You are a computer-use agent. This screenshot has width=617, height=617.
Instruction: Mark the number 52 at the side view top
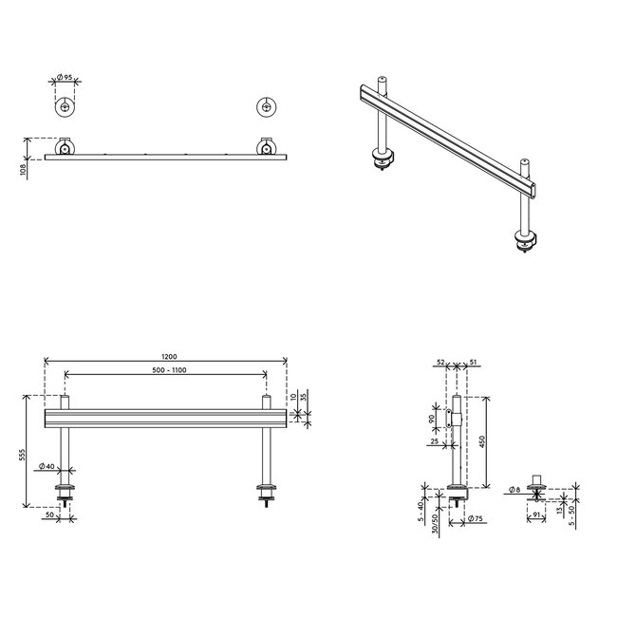coord(442,362)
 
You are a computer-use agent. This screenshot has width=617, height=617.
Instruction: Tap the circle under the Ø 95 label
coord(65,107)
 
